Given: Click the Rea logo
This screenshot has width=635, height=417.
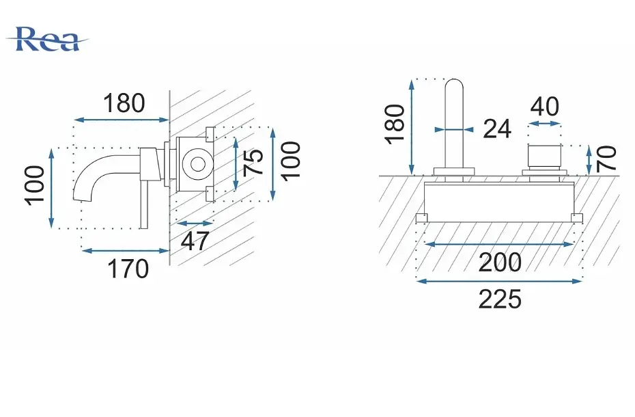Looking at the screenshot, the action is pos(46,40).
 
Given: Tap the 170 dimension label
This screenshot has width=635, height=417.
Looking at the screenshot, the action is pos(128,269).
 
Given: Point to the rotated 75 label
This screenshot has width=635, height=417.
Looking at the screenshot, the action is pos(254,162).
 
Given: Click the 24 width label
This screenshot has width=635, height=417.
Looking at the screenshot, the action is pos(497,129).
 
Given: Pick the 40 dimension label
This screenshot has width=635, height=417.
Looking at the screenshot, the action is pos(545,107).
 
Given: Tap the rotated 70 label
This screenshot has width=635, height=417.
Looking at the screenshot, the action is pos(606,158).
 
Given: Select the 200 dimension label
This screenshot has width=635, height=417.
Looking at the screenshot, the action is pos(500,263).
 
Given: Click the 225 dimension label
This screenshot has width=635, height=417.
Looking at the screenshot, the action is pos(500,300).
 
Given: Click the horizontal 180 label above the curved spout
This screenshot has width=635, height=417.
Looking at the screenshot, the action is pos(124,103).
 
